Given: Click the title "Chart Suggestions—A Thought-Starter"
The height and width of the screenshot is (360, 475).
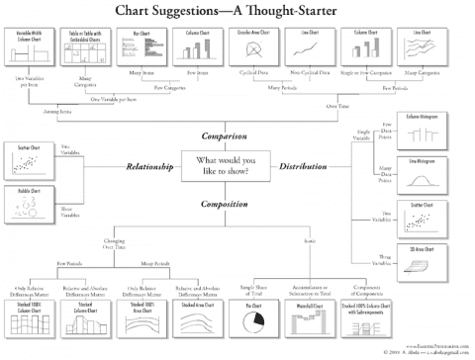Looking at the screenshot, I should point(237,10).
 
